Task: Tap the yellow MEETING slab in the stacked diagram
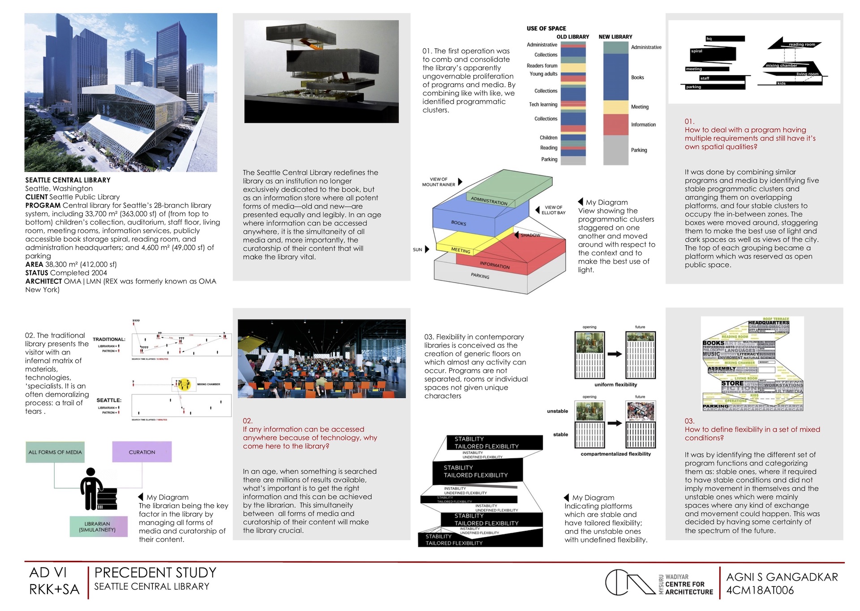coord(461,249)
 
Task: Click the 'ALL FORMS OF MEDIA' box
coord(55,452)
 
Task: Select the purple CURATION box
coord(142,452)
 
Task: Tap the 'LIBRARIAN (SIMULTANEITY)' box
coord(98,527)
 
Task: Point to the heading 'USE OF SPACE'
coord(546,28)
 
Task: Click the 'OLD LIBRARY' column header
coord(572,37)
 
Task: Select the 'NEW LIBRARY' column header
coord(615,37)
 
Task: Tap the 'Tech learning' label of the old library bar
coord(543,104)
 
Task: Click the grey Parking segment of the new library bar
coord(615,150)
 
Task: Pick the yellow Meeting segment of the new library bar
coord(615,107)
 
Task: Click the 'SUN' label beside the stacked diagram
coord(417,249)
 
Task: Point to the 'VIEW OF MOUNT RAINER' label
coord(439,182)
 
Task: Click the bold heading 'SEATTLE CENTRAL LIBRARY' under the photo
coord(68,180)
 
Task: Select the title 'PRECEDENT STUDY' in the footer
coord(155,573)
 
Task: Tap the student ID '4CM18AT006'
coord(760,590)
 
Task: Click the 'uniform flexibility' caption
coord(615,385)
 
